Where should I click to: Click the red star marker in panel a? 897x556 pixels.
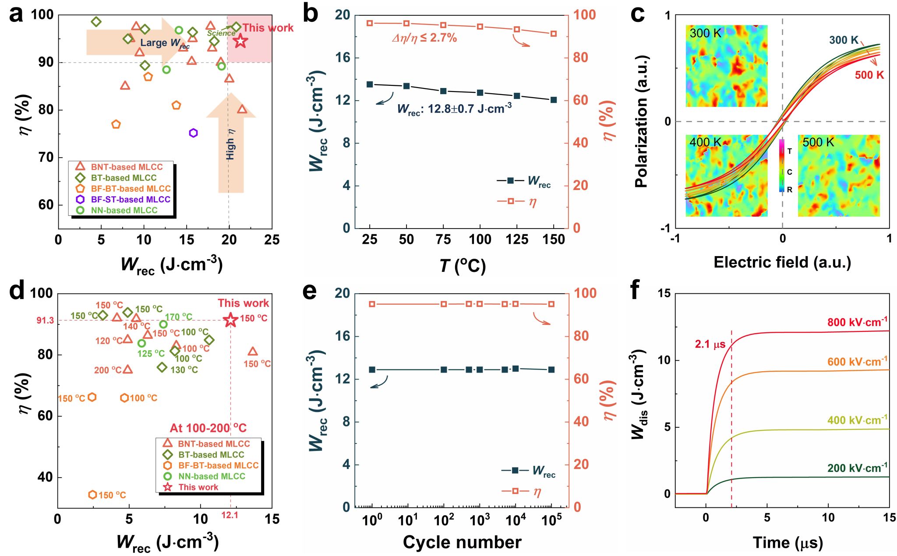coord(240,42)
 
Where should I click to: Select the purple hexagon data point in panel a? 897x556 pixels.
coord(193,133)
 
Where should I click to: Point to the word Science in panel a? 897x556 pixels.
coord(221,33)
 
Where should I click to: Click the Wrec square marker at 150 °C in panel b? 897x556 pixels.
coord(554,100)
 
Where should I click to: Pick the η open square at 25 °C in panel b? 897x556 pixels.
coord(370,23)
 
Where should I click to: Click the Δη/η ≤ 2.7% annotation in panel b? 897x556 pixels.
coord(424,38)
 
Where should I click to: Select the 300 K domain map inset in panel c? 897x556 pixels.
coord(726,66)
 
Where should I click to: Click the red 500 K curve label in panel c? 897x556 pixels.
coord(869,75)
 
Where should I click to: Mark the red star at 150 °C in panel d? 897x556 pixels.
coord(230,320)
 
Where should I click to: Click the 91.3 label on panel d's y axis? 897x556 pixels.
coord(45,321)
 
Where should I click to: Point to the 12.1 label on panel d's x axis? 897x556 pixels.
coord(230,515)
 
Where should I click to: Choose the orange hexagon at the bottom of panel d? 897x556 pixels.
coord(92,495)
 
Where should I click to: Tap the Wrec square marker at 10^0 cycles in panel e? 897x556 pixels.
coord(372,369)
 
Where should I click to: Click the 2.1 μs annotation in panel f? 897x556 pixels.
coord(710,345)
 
